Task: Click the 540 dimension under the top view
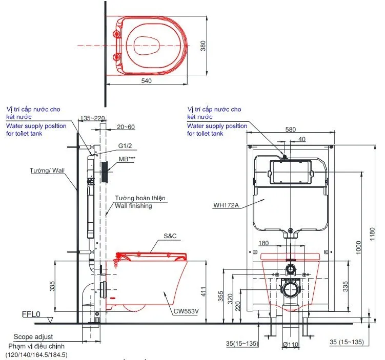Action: (x=146, y=81)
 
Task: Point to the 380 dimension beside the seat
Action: (x=203, y=46)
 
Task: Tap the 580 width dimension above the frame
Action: (x=291, y=129)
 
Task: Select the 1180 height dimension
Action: (x=372, y=234)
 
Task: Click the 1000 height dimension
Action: (x=358, y=248)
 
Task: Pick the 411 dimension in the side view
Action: (x=204, y=291)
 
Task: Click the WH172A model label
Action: (x=226, y=205)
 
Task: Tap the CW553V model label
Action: (x=186, y=311)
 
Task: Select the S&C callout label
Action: (x=170, y=236)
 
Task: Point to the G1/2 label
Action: (x=125, y=145)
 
